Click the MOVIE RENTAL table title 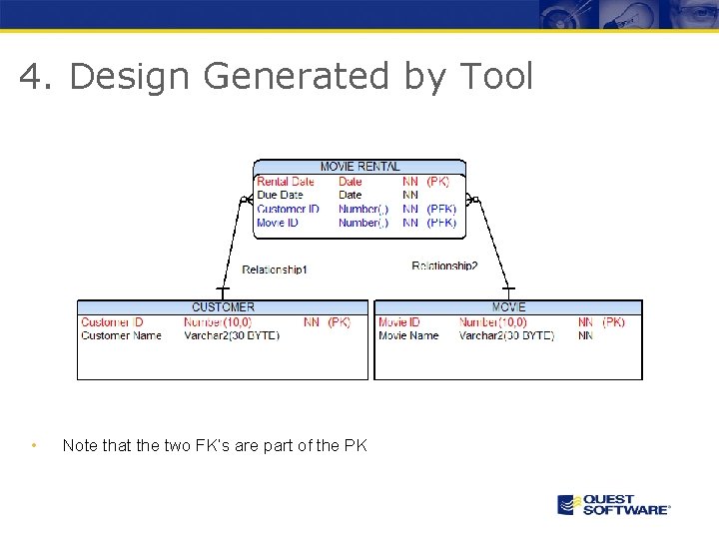tap(359, 167)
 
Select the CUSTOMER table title tap(223, 307)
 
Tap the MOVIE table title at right tap(508, 307)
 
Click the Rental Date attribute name tap(285, 182)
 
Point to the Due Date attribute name tap(280, 195)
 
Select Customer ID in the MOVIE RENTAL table tap(288, 209)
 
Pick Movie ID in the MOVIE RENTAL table tap(277, 223)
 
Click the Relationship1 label tap(275, 269)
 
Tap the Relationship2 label tap(444, 266)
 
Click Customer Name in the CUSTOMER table tap(121, 335)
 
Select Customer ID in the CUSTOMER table tap(112, 322)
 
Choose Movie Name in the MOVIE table tap(408, 335)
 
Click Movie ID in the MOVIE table tap(398, 322)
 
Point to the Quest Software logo tap(613, 504)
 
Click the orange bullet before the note tap(34, 445)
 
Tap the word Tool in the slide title tap(496, 76)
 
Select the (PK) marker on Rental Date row tap(437, 182)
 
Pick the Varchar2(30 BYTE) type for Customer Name tap(232, 335)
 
